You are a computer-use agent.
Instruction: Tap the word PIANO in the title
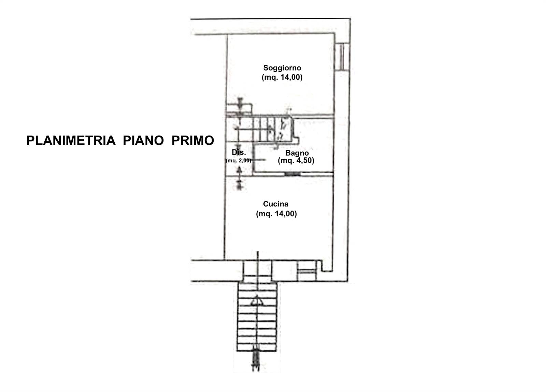(143, 140)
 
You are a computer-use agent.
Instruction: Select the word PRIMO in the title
(193, 140)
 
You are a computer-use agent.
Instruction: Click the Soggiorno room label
(282, 68)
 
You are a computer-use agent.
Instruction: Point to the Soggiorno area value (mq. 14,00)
(282, 77)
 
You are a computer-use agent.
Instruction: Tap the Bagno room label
(297, 153)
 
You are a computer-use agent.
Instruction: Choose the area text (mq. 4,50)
(296, 161)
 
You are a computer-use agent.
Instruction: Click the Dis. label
(239, 152)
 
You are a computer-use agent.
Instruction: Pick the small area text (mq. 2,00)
(239, 161)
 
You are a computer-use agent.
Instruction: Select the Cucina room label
(276, 204)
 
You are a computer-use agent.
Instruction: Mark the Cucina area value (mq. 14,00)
(276, 214)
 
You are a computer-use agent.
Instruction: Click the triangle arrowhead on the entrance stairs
(257, 301)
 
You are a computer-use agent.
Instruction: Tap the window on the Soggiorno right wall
(342, 57)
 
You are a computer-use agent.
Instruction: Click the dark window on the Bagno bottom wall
(292, 174)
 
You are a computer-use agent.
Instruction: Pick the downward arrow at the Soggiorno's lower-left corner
(240, 106)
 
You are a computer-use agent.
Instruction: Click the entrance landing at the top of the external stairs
(258, 271)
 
